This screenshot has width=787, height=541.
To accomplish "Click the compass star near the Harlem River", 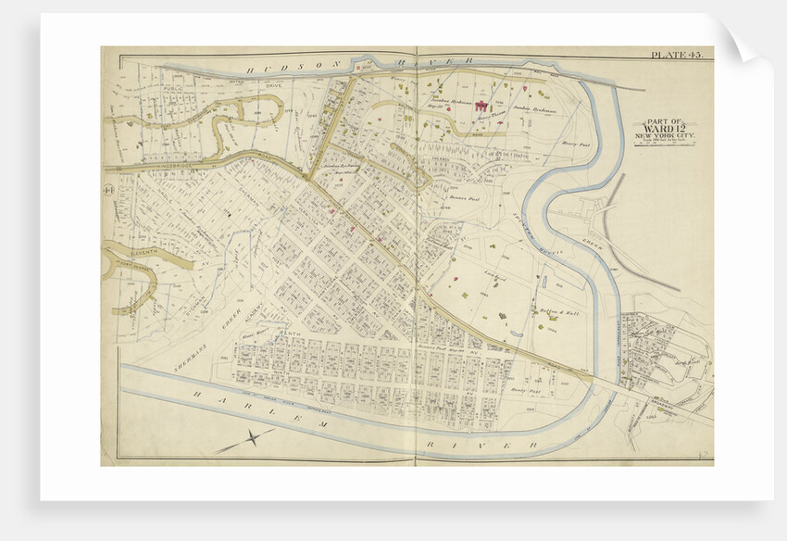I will (x=245, y=440).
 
